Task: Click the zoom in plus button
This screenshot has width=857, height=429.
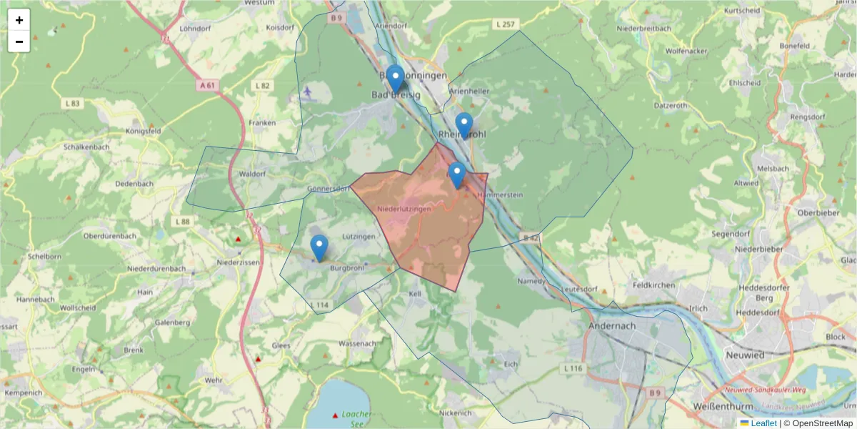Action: [19, 20]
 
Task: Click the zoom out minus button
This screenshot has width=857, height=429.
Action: [19, 41]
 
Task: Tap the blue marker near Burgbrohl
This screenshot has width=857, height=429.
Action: [319, 248]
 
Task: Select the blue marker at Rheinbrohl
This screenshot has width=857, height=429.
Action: [464, 125]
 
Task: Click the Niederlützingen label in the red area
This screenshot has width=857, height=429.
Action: [404, 209]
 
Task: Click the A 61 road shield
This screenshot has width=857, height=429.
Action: [207, 85]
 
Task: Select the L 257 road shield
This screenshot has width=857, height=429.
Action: [504, 24]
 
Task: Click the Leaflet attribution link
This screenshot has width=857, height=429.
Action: [763, 423]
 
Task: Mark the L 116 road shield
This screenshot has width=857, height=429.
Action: [573, 368]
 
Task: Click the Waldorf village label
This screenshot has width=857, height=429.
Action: [253, 174]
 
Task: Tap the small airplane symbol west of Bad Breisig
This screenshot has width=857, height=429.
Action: [308, 91]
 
